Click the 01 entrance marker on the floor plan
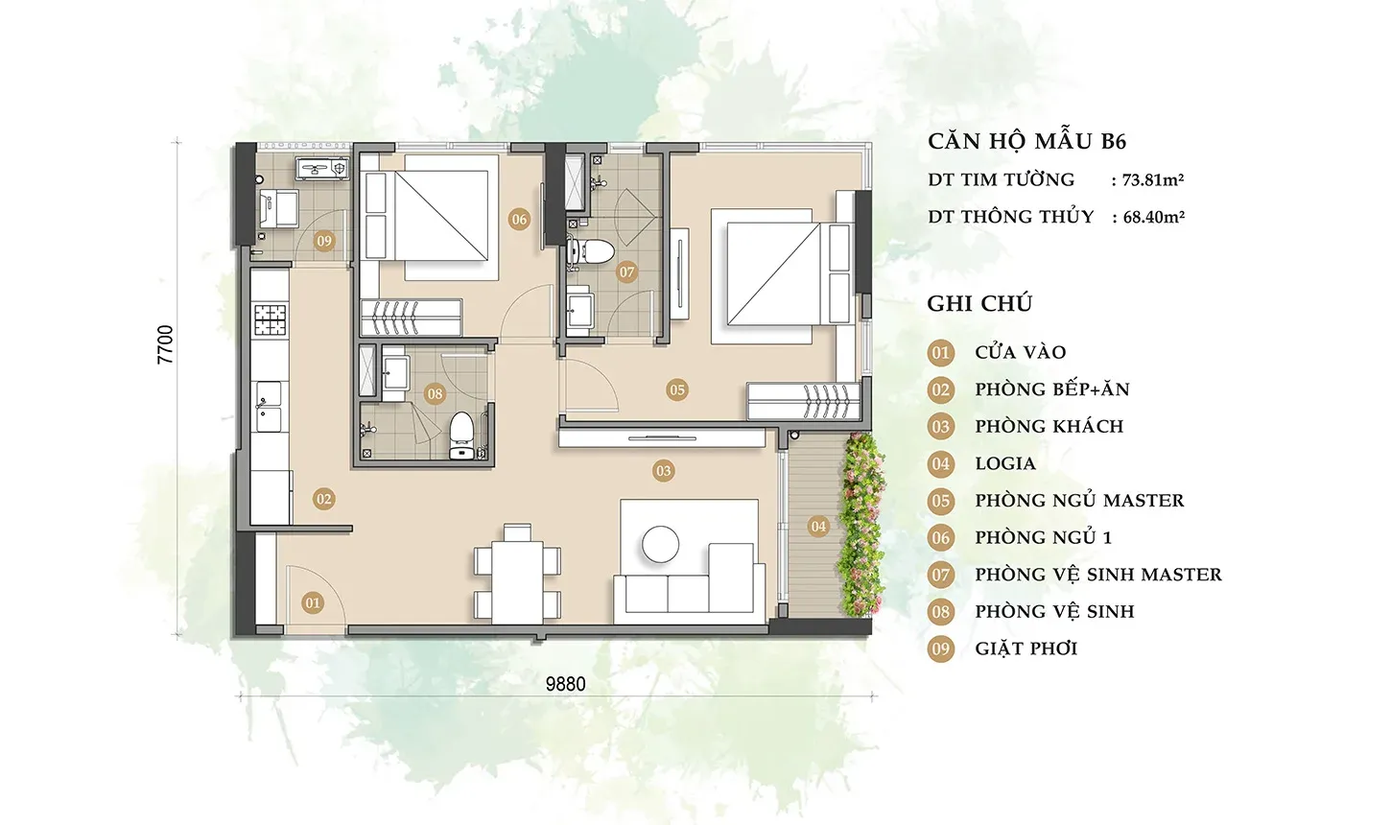pyautogui.click(x=313, y=602)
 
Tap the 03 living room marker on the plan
pyautogui.click(x=663, y=471)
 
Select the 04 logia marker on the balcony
pyautogui.click(x=818, y=527)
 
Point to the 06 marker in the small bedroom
pyautogui.click(x=519, y=219)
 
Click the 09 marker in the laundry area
pyautogui.click(x=323, y=240)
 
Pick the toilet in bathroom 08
pyautogui.click(x=460, y=436)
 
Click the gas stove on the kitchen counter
pyautogui.click(x=271, y=319)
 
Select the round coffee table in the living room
pyautogui.click(x=660, y=545)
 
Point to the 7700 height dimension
pyautogui.click(x=166, y=344)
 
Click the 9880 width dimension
pyautogui.click(x=565, y=684)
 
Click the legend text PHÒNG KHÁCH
pyautogui.click(x=1049, y=427)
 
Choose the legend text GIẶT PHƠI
pyautogui.click(x=1026, y=648)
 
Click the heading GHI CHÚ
pyautogui.click(x=979, y=303)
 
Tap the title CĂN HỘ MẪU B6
pyautogui.click(x=1026, y=141)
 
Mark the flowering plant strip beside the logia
pyautogui.click(x=861, y=525)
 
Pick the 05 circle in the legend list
pyautogui.click(x=941, y=501)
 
